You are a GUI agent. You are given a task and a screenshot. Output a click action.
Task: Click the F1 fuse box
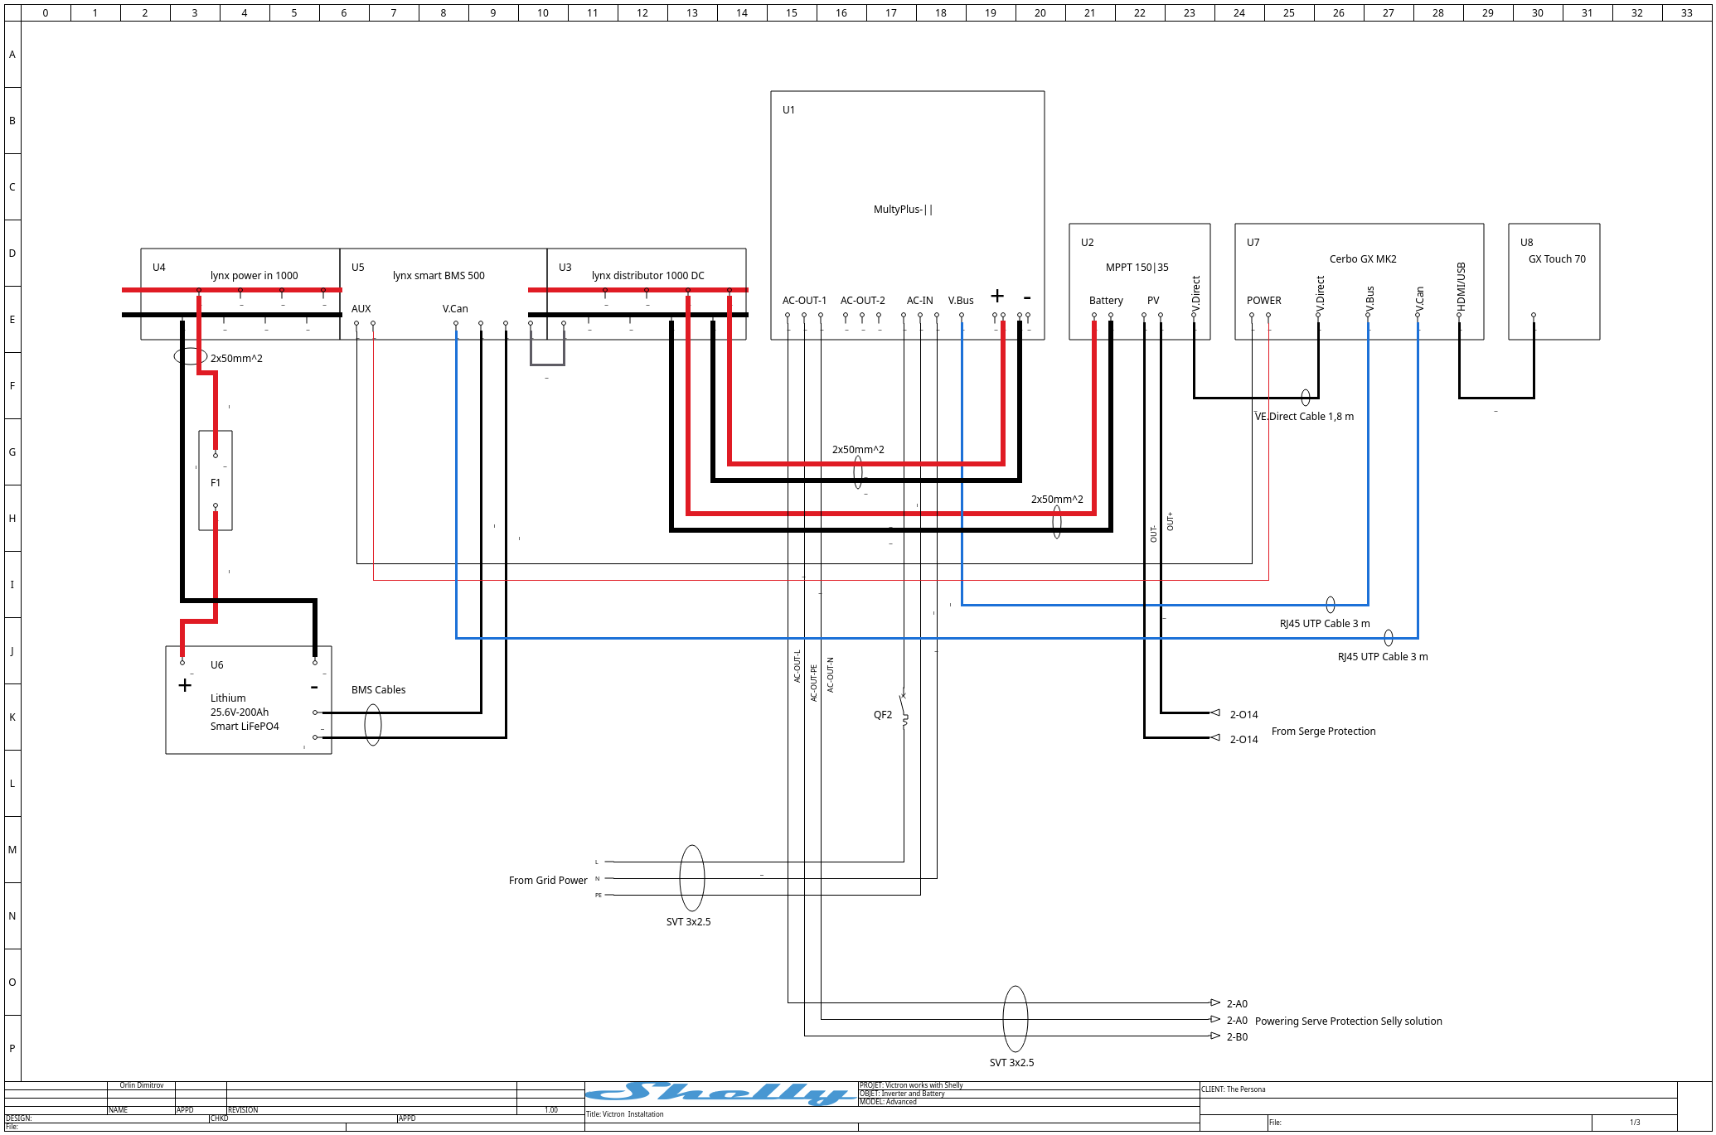216,481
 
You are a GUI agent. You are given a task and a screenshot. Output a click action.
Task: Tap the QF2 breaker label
883,715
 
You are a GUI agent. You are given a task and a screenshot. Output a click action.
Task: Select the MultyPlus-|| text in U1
903,210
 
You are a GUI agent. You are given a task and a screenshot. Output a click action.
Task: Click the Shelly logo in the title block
721,1094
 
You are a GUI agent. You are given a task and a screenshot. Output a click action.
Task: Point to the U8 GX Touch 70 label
1557,259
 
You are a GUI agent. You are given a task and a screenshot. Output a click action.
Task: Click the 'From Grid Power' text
548,881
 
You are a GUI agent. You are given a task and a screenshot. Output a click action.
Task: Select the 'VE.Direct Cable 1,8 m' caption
1304,417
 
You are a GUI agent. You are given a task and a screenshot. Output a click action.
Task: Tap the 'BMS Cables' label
378,690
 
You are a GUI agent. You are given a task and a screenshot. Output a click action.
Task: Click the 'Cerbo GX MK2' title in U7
1363,259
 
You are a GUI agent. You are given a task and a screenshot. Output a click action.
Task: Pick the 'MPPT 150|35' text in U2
1137,268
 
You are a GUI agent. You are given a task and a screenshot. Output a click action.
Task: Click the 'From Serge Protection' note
1323,732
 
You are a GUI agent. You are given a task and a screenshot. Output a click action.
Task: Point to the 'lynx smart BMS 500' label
439,276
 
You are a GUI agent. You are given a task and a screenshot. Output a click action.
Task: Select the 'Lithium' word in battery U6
228,698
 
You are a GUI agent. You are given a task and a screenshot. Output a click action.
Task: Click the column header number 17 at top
891,12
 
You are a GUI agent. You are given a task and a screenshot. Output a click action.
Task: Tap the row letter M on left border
12,850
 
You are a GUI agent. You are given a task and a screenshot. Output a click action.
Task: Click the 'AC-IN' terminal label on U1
919,301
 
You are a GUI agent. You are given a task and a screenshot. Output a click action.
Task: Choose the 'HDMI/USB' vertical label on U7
1461,287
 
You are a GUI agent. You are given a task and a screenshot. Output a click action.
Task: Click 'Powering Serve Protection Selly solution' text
1348,1021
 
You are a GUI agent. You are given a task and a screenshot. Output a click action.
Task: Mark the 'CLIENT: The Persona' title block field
1234,1089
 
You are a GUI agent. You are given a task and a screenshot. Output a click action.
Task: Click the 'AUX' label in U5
361,309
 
